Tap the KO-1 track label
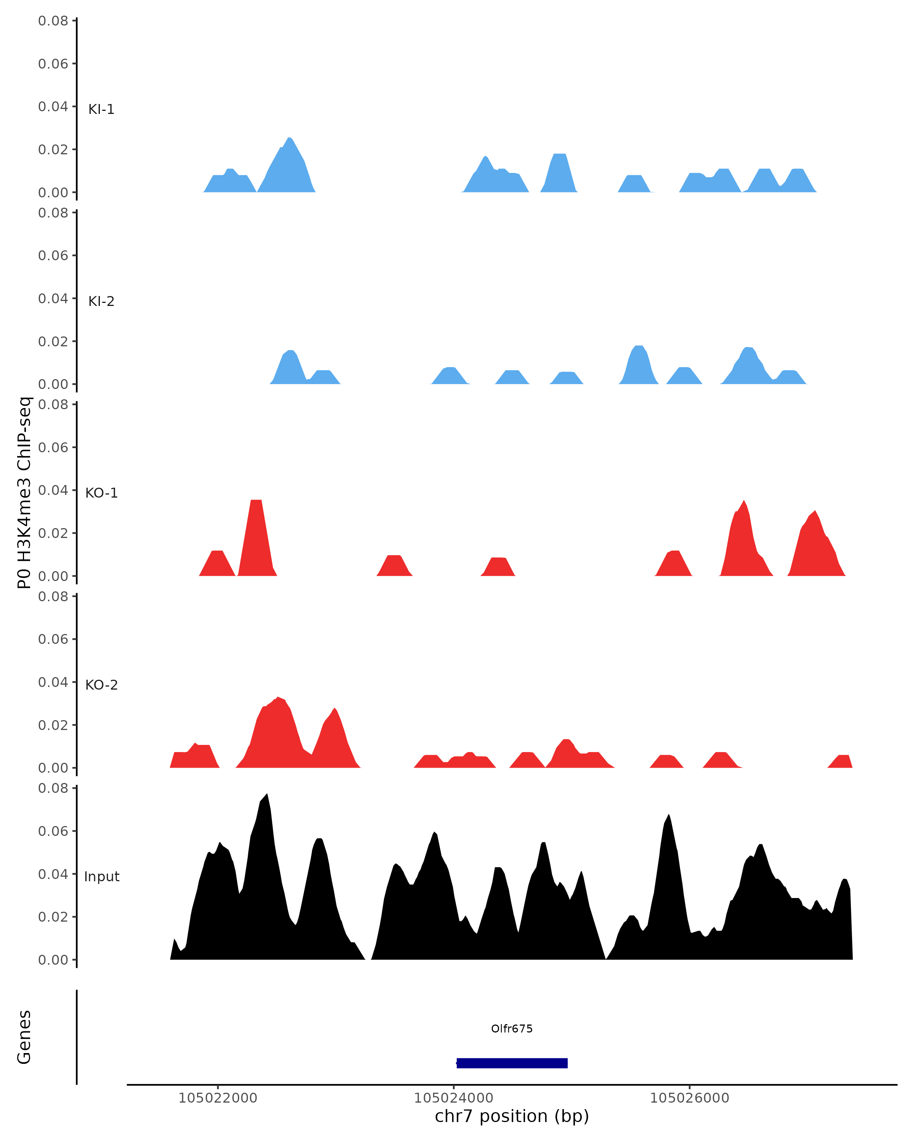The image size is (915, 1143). coord(101,493)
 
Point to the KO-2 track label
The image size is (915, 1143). coord(101,685)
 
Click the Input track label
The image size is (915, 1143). coord(101,877)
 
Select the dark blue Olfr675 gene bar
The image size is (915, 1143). coord(512,1063)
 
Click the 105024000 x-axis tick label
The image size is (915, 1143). coord(454,1098)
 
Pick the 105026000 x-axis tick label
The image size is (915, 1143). coord(690,1098)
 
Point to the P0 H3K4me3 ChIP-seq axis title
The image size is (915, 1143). coord(24,493)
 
